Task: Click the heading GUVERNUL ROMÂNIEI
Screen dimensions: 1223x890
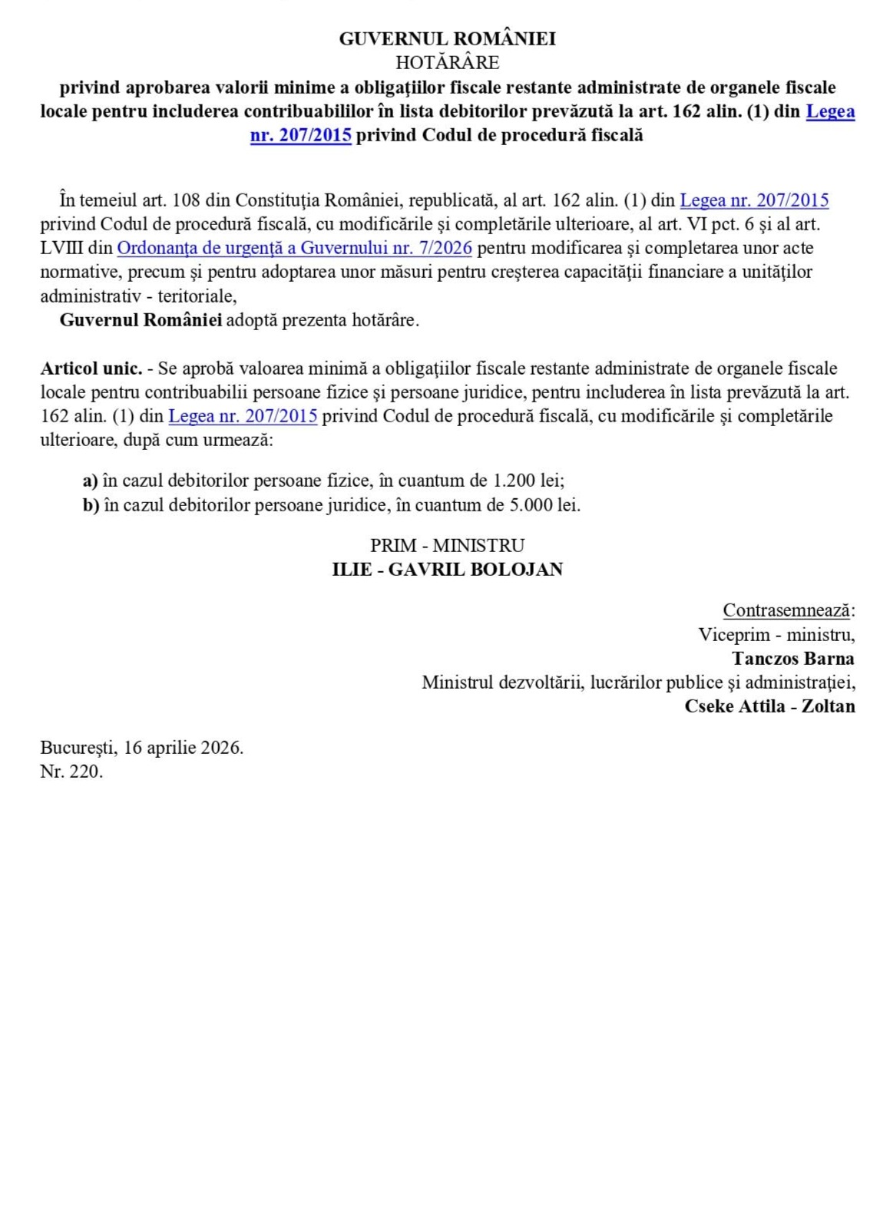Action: pos(447,39)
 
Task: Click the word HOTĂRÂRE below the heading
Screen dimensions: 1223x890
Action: pos(447,62)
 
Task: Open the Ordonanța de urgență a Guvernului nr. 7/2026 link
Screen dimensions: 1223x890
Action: pos(294,248)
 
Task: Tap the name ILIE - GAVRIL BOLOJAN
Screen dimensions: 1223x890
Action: pos(447,570)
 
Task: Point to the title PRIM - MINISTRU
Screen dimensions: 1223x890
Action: pos(447,546)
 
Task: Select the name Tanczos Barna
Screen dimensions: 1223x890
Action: pos(792,659)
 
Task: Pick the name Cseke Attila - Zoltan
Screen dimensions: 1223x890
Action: pos(769,706)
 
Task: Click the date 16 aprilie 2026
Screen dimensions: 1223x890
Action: pos(182,748)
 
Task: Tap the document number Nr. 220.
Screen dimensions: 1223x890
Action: pos(71,772)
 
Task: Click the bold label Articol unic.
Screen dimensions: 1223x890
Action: pos(91,369)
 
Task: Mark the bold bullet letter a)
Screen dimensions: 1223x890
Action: pos(91,481)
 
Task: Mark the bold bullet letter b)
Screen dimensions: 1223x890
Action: pos(91,505)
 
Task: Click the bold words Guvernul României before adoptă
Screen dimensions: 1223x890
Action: pos(141,320)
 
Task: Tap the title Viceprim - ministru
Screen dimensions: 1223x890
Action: pos(776,635)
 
